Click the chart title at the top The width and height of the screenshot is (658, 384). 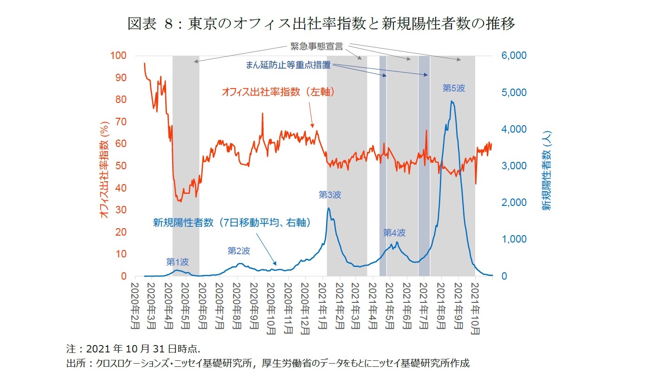point(321,24)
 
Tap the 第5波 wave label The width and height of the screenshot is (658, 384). point(453,88)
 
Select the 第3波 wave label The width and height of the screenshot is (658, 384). point(330,195)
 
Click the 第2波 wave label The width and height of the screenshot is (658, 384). point(239,251)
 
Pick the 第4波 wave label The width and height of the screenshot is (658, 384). point(394,233)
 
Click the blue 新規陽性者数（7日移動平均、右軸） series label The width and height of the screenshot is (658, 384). point(232,223)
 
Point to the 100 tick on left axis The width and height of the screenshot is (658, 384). point(118,56)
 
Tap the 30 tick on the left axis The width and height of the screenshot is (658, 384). point(121,210)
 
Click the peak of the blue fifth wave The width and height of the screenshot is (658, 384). point(452,101)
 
